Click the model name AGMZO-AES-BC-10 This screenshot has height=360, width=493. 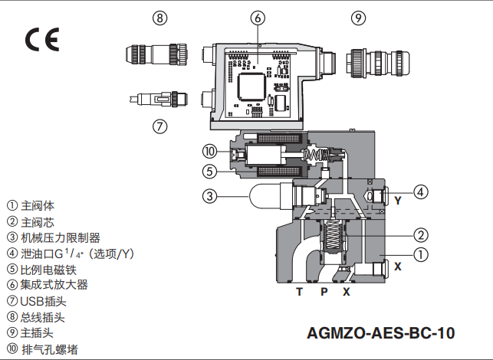[381, 333]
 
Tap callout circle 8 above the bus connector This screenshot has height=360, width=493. [159, 17]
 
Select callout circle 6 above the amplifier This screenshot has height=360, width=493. [258, 17]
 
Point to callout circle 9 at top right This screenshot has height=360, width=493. [358, 17]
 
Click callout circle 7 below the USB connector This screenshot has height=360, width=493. [159, 126]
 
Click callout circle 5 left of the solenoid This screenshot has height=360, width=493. [211, 171]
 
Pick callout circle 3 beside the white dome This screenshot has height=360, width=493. [211, 196]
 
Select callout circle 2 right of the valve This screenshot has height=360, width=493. [421, 234]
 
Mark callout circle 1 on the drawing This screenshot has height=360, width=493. [421, 254]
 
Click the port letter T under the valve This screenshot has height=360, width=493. [300, 292]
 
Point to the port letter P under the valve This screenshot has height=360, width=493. [324, 292]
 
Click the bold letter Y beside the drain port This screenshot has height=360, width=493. [398, 201]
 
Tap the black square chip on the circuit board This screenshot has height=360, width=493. [252, 88]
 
